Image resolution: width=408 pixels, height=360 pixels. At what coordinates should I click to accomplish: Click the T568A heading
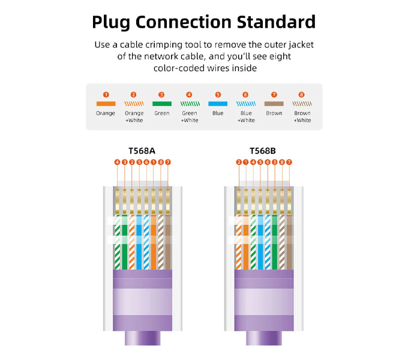(142, 151)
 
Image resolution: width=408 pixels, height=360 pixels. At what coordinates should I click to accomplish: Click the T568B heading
(263, 151)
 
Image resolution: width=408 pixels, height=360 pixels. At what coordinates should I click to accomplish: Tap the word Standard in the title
(276, 22)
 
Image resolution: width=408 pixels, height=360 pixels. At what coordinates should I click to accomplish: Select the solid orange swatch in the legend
(106, 104)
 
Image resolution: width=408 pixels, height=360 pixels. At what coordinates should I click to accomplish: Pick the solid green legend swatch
(162, 104)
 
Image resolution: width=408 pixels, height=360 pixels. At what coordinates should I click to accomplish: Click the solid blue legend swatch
(218, 104)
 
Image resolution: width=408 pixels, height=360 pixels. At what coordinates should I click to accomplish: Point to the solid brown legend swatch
(274, 104)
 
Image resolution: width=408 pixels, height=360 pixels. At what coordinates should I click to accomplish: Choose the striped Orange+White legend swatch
(134, 104)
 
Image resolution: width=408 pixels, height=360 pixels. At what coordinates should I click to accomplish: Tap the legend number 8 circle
(302, 95)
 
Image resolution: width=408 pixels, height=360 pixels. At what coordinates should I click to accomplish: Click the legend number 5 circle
(218, 95)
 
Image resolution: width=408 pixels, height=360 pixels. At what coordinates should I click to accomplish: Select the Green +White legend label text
(190, 117)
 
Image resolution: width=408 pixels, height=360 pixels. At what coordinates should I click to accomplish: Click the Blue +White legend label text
(246, 117)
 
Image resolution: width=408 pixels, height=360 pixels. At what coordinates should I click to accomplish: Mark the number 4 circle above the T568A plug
(118, 162)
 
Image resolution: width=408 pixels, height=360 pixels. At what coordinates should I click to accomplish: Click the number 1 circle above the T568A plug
(154, 162)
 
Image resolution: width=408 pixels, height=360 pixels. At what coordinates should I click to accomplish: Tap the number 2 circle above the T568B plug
(239, 162)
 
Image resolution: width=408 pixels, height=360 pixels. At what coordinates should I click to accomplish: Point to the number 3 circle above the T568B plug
(275, 162)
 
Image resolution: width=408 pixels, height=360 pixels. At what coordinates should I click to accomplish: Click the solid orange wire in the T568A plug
(154, 242)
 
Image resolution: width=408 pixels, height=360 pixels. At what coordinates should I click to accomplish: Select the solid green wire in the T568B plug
(275, 242)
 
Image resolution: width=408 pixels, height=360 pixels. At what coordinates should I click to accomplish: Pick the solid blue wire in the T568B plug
(260, 242)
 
